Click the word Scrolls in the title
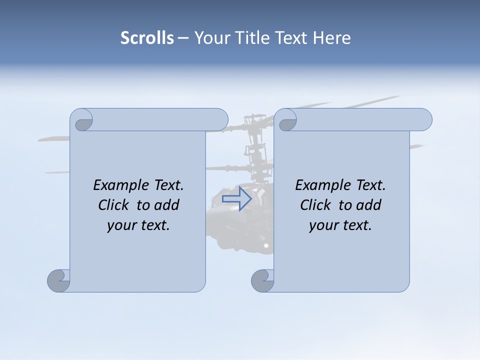pyautogui.click(x=147, y=38)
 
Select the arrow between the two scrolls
pyautogui.click(x=236, y=198)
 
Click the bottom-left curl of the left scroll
pyautogui.click(x=59, y=280)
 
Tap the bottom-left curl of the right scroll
pyautogui.click(x=262, y=280)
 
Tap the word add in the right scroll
pyautogui.click(x=369, y=205)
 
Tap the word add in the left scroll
pyautogui.click(x=167, y=205)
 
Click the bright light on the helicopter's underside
pyautogui.click(x=266, y=245)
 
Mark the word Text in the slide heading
pyautogui.click(x=290, y=38)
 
